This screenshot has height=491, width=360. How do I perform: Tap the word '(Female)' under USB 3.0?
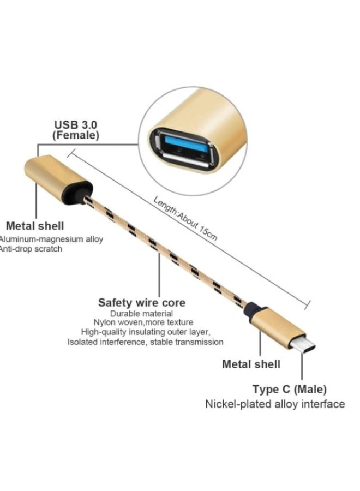[x=75, y=135]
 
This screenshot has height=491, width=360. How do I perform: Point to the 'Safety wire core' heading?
[x=142, y=302]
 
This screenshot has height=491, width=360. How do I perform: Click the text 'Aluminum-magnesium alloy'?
[x=52, y=239]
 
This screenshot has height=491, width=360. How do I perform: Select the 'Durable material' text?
[x=142, y=314]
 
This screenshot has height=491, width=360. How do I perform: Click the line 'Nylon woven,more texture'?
[x=145, y=322]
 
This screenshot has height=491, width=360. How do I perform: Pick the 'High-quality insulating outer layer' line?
[x=146, y=332]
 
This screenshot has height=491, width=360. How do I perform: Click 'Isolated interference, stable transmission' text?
[x=145, y=342]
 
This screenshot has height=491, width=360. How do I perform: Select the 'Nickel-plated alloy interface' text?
[x=275, y=404]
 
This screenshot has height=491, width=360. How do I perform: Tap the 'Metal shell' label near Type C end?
[x=251, y=364]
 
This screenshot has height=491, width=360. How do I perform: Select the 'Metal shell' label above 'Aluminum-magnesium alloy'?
[x=35, y=225]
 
